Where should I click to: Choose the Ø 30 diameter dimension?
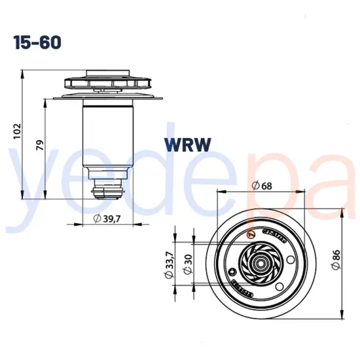[x=188, y=262]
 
